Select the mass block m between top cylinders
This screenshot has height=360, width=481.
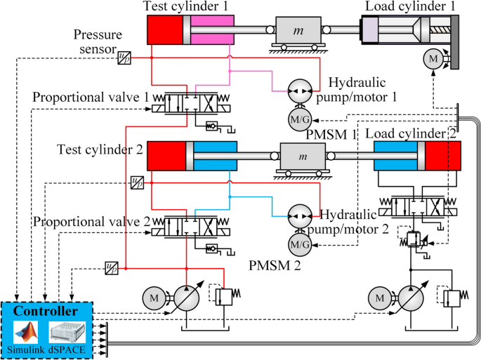298,32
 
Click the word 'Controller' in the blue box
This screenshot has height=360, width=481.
46,311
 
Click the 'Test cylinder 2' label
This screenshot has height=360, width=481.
100,149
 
